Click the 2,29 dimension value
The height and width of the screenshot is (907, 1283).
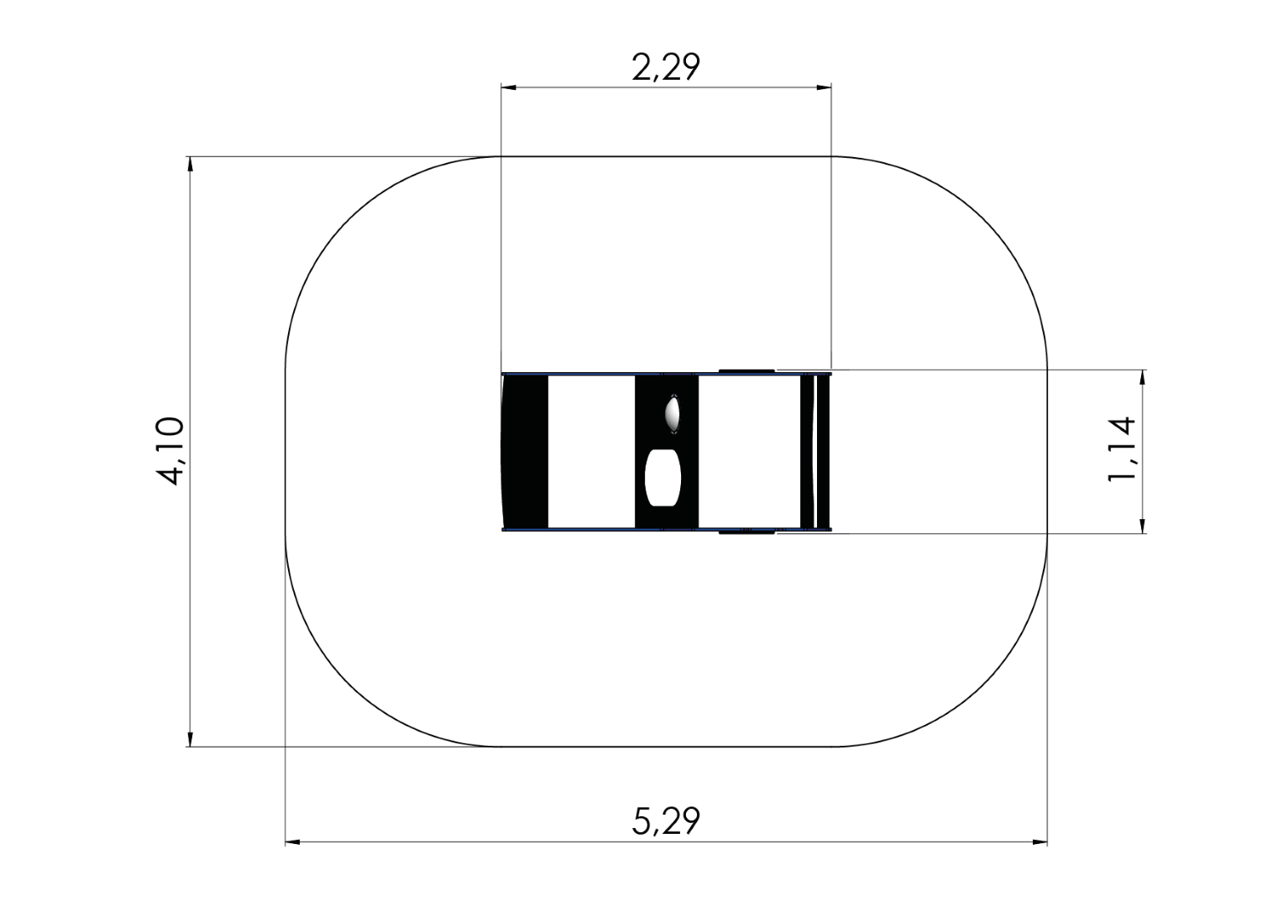[x=666, y=68]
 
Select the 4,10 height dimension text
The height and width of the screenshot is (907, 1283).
[x=170, y=451]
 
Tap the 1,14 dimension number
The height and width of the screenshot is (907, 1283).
[x=1121, y=449]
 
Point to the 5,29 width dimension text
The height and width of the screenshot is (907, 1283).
[x=666, y=821]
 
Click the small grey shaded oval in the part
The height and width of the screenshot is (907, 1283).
[x=673, y=413]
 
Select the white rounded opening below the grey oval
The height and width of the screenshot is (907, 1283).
[x=662, y=478]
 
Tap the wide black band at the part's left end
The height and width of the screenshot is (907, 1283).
[x=525, y=452]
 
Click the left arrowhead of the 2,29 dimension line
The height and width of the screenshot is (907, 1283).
[x=509, y=87]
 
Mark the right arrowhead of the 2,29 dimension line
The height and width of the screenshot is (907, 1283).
[x=824, y=87]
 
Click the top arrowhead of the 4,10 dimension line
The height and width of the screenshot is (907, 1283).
[x=190, y=164]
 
